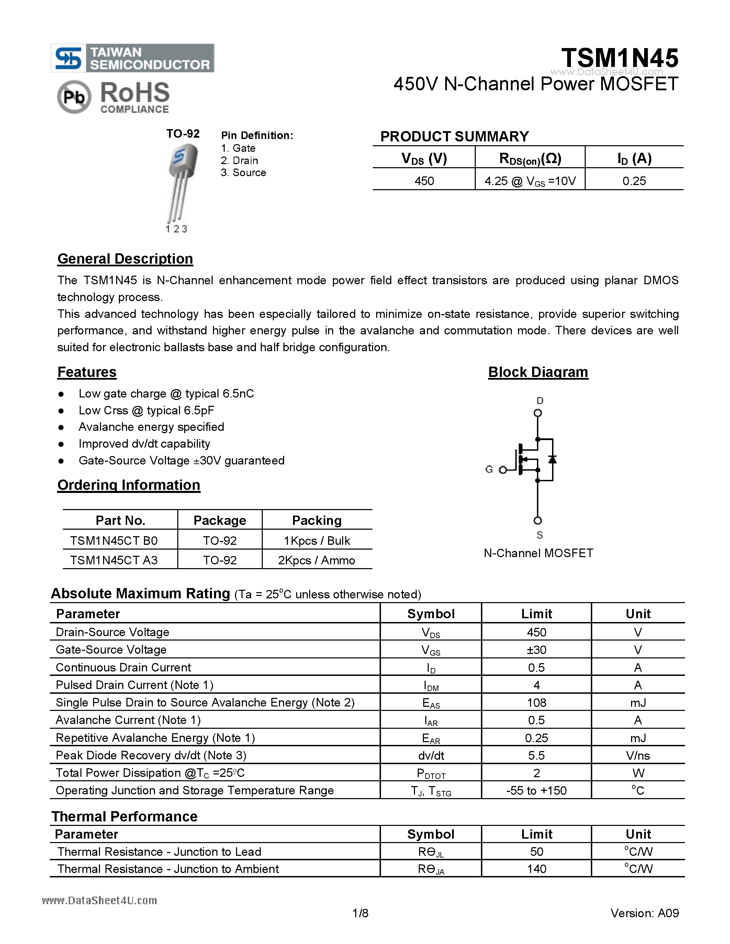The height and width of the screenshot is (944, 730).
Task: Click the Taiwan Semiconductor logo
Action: [132, 58]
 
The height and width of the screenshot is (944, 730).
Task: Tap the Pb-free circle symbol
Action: [74, 97]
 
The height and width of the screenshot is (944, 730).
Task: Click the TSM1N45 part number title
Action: [619, 58]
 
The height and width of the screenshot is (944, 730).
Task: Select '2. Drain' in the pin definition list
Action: [239, 160]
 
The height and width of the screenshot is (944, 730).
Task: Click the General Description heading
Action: [125, 258]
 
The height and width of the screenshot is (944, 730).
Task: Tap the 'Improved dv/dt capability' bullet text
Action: [144, 444]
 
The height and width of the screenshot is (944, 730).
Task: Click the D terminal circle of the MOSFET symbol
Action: [538, 413]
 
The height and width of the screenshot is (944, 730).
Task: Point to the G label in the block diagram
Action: [489, 469]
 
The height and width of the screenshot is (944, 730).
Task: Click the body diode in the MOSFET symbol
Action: [552, 459]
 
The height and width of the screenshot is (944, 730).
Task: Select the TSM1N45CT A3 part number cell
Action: [114, 560]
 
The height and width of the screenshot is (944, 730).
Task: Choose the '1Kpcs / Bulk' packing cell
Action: [317, 541]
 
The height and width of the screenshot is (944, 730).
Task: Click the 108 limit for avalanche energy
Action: [536, 703]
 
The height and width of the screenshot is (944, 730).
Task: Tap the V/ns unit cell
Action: [638, 756]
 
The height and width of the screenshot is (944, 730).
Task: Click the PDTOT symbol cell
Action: [431, 773]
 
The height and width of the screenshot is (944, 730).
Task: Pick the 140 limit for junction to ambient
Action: [536, 869]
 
